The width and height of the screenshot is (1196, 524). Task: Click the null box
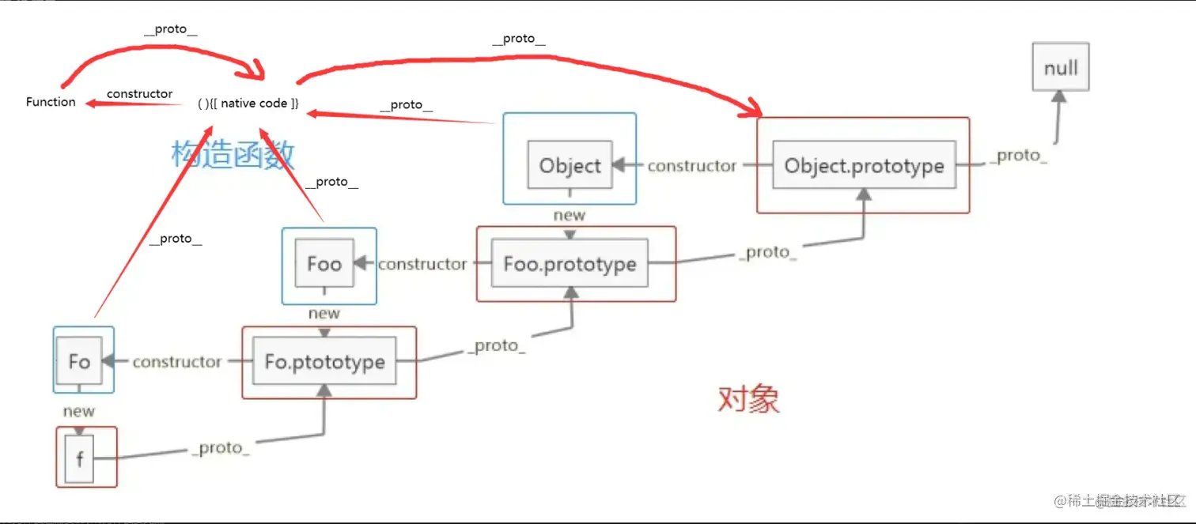(1061, 67)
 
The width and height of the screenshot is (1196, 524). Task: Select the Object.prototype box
(864, 166)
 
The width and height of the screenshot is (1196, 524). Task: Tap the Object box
(570, 166)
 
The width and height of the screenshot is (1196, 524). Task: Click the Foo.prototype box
(570, 264)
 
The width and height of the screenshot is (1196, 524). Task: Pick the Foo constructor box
(324, 264)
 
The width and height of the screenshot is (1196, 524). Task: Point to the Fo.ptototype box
(324, 362)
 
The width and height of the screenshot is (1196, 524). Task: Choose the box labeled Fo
(79, 362)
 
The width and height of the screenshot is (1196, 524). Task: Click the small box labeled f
(80, 458)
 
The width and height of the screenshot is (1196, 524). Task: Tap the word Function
(51, 102)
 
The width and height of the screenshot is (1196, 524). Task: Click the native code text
(248, 104)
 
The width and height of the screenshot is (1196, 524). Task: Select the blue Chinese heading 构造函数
(233, 154)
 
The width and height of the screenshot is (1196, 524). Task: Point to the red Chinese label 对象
(748, 400)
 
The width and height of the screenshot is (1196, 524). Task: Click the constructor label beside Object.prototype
(692, 166)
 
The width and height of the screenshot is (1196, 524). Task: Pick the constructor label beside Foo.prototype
(422, 264)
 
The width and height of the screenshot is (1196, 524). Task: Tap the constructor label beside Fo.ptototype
(177, 362)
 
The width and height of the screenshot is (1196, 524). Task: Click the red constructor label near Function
(139, 94)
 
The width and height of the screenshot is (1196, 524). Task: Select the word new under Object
(570, 215)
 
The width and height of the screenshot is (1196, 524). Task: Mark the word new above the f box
(79, 411)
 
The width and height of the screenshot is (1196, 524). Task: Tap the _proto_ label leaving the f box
(221, 448)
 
